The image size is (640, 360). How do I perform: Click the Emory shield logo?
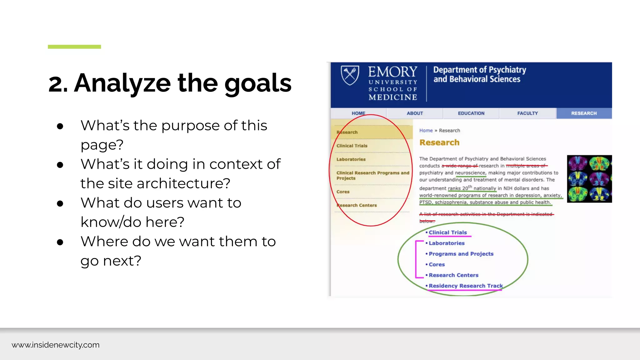click(350, 75)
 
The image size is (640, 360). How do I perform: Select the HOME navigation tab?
click(358, 113)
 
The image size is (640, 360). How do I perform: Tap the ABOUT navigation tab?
click(415, 113)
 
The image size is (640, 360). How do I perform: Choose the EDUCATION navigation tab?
click(471, 113)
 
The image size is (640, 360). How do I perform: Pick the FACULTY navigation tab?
click(527, 113)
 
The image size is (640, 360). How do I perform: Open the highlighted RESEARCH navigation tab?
click(584, 113)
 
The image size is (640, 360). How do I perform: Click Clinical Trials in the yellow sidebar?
click(352, 146)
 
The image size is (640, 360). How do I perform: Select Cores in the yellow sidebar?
click(343, 192)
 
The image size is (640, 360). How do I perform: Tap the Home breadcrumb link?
click(426, 131)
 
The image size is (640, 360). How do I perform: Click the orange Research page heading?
click(439, 143)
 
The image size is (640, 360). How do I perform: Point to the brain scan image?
click(589, 179)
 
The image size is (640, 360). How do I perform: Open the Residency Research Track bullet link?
click(466, 286)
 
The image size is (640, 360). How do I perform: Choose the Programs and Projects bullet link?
click(461, 254)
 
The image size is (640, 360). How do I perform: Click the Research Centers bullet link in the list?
click(453, 275)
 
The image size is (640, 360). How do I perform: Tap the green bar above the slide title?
click(74, 47)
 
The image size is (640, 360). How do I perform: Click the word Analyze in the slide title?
click(122, 83)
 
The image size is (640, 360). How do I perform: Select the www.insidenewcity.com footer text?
click(56, 345)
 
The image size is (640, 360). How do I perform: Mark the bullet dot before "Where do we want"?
click(60, 242)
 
